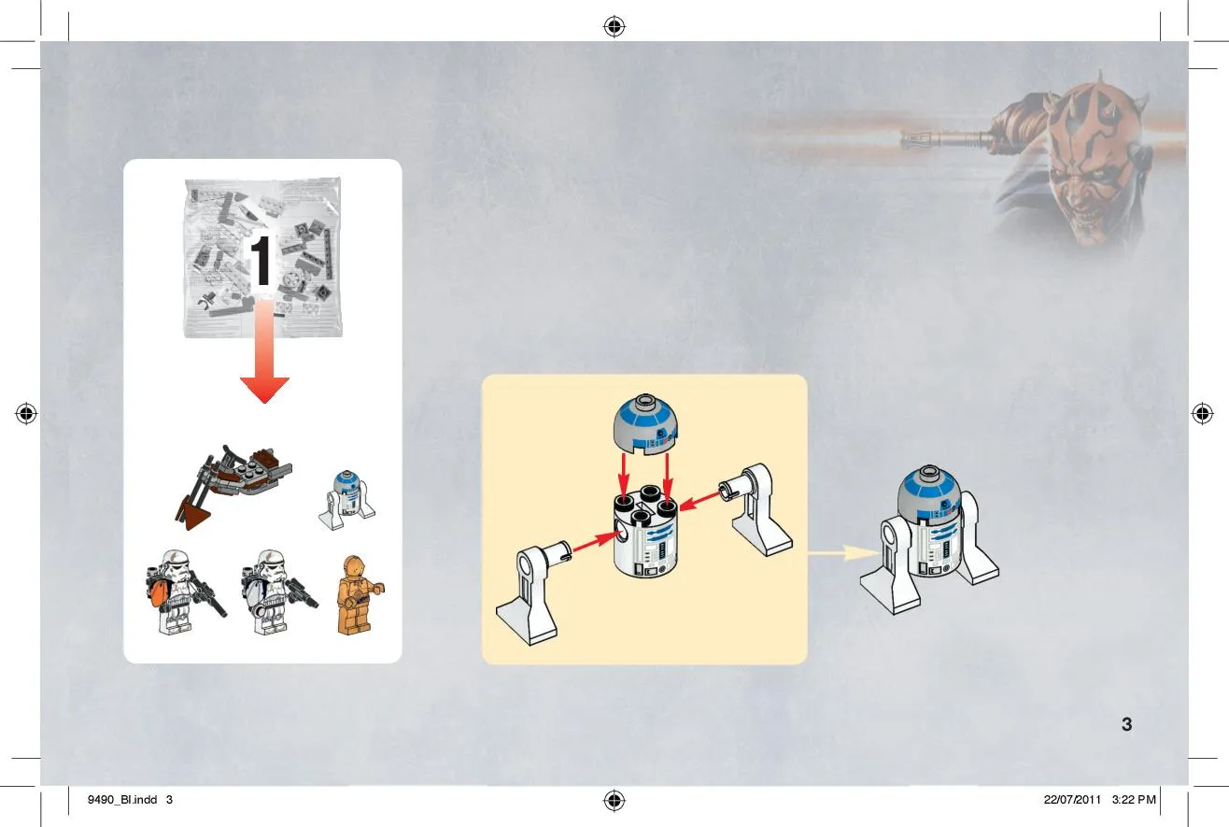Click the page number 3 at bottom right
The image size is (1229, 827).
(1127, 724)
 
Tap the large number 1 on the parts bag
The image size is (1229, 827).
(260, 261)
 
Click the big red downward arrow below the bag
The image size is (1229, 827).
(264, 351)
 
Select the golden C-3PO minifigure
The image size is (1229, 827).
(360, 595)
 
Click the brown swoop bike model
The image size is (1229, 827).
(233, 486)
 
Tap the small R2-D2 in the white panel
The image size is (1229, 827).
(347, 500)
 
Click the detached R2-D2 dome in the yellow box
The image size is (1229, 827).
(645, 424)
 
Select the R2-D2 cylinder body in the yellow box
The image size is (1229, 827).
(645, 532)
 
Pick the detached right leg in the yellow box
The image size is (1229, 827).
(757, 509)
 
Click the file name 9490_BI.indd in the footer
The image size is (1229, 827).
(122, 800)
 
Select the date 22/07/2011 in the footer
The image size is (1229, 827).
(1072, 800)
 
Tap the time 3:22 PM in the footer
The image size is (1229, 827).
(1134, 800)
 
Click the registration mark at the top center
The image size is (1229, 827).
(614, 26)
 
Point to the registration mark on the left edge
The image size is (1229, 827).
(26, 413)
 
